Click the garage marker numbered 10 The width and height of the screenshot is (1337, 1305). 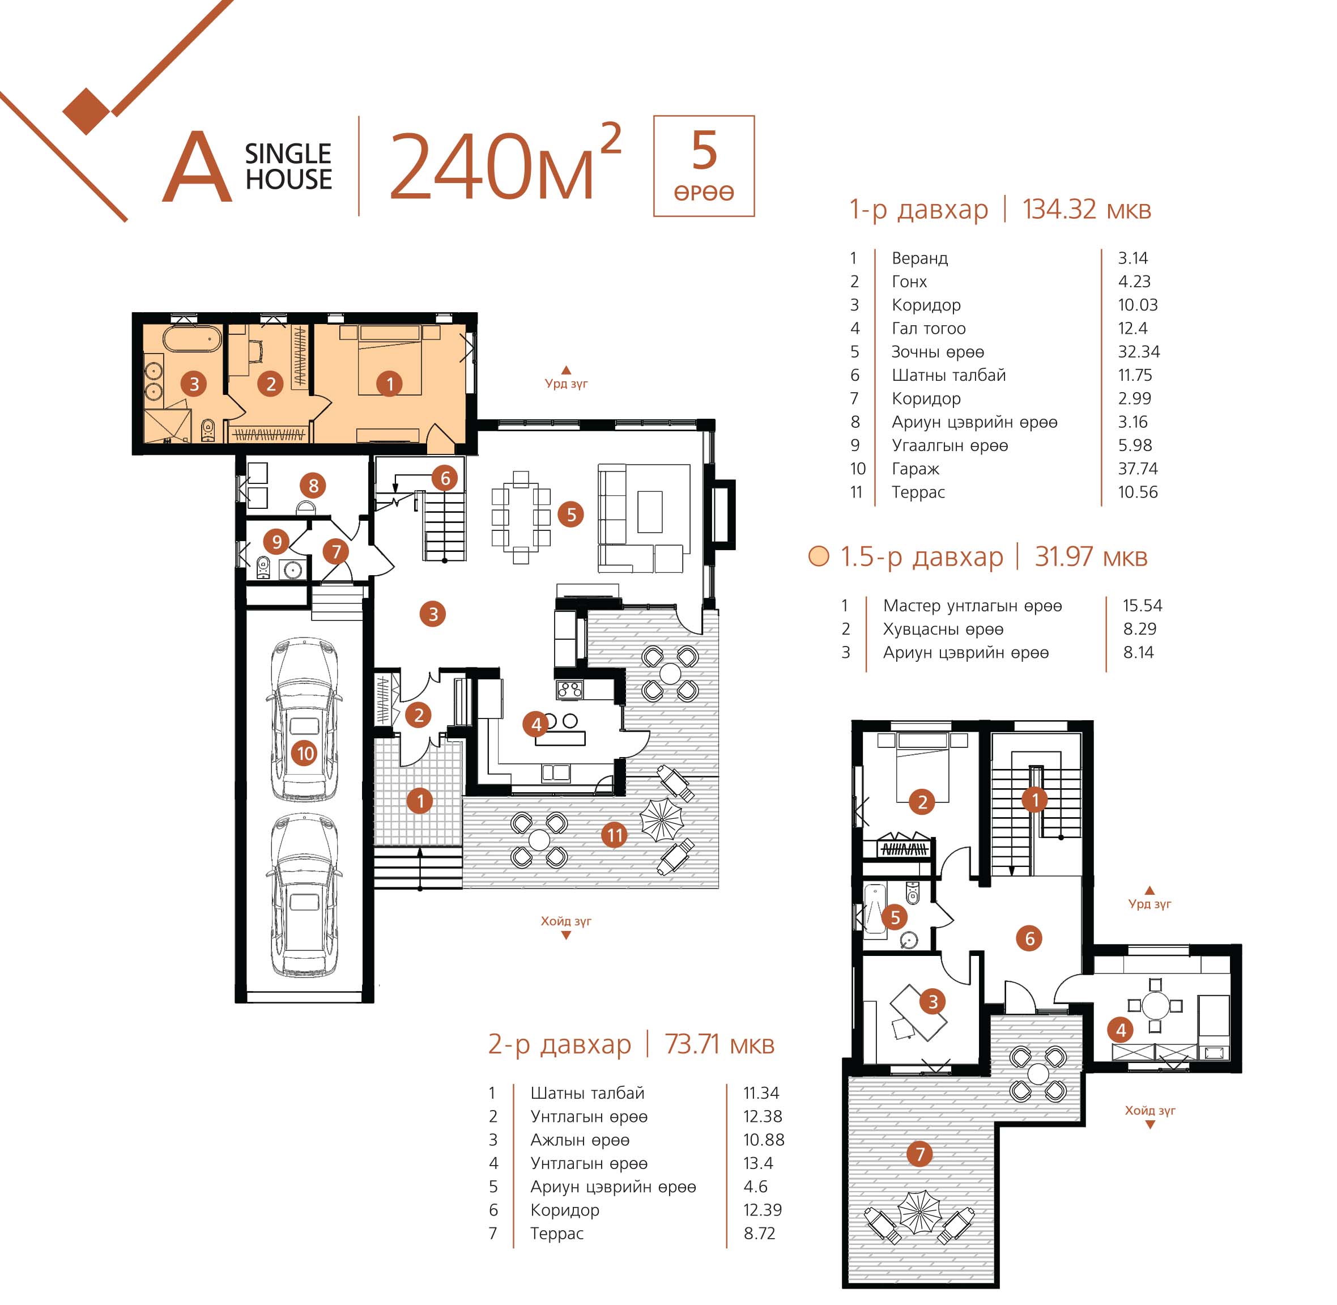point(305,753)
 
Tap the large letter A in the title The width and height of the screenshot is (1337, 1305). point(197,168)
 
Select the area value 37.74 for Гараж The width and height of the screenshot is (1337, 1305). point(1138,469)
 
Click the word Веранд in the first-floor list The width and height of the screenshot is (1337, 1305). point(919,258)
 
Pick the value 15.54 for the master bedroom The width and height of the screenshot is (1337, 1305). point(1142,605)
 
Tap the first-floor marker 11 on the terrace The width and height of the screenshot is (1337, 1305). point(615,835)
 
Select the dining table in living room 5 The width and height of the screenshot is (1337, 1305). point(521,516)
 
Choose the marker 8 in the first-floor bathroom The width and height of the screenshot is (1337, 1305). point(313,486)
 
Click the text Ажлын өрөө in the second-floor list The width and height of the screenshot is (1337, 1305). point(580,1140)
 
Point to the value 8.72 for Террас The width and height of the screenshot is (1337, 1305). point(759,1233)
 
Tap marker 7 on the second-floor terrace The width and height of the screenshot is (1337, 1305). point(919,1154)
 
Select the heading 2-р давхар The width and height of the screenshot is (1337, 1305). point(559,1044)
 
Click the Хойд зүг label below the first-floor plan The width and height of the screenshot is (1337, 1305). point(566,920)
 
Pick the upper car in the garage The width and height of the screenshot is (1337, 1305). point(304,719)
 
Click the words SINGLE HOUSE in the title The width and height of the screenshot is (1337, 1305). point(288,167)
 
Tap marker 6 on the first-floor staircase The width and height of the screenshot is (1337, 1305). point(445,478)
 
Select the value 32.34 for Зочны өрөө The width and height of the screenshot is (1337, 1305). point(1139,352)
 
